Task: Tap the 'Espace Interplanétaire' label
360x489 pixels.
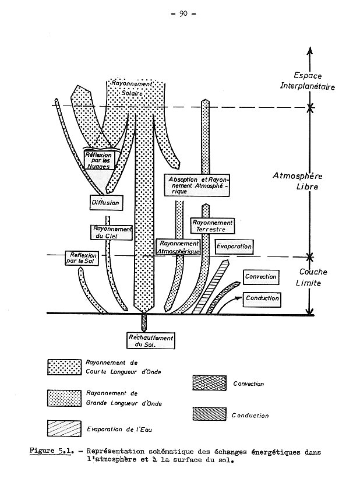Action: [x=315, y=80]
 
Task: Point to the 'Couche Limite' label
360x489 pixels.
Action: [x=313, y=277]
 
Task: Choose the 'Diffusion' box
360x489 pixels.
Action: [x=105, y=203]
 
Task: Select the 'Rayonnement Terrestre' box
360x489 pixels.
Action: [x=211, y=226]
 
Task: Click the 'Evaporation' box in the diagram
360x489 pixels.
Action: [x=234, y=247]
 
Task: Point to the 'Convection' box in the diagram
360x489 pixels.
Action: [x=260, y=276]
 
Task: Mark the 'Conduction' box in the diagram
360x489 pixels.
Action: [x=262, y=298]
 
